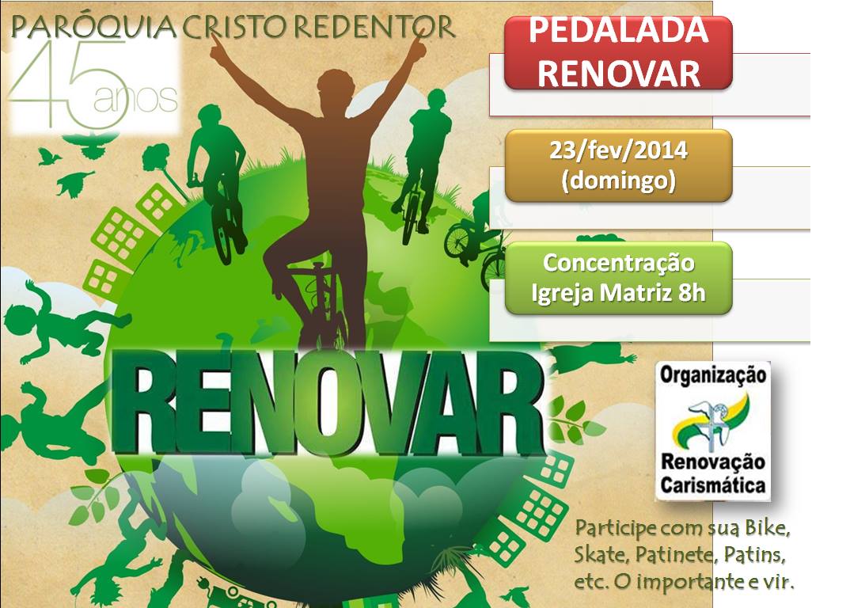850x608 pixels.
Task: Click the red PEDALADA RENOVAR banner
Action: click(618, 52)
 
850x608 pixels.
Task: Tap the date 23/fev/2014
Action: click(619, 150)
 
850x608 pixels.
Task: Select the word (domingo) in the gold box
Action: click(619, 180)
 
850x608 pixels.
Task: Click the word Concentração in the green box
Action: click(619, 264)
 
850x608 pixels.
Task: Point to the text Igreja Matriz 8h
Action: click(619, 294)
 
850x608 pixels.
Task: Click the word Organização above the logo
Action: click(713, 375)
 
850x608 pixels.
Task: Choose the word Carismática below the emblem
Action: click(713, 484)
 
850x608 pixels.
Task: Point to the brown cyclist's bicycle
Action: click(321, 304)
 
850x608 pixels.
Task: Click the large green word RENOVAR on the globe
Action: click(328, 402)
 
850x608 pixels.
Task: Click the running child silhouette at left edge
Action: click(59, 323)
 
